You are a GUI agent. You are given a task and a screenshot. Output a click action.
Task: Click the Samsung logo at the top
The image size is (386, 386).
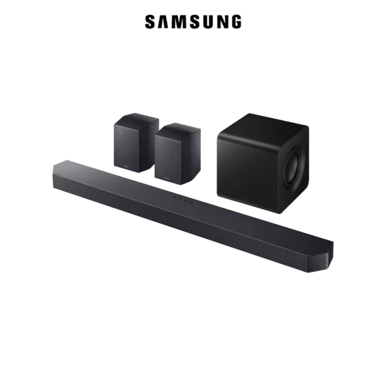pyautogui.click(x=194, y=22)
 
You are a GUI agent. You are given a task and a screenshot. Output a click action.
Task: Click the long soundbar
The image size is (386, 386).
pyautogui.click(x=191, y=214)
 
